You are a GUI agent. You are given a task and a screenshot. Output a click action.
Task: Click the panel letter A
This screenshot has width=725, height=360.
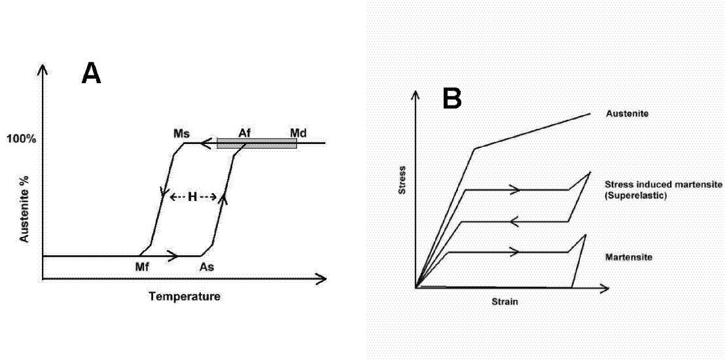tap(91, 73)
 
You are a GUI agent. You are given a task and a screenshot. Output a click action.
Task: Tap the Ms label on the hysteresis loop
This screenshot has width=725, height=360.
tap(181, 133)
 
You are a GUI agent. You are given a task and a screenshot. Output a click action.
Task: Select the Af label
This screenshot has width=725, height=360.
tap(245, 133)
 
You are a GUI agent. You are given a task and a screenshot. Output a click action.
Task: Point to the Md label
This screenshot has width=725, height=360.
tap(298, 133)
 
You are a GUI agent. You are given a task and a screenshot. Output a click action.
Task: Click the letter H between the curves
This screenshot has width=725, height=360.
tap(192, 196)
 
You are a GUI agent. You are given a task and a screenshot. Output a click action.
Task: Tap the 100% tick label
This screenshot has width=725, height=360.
tap(22, 139)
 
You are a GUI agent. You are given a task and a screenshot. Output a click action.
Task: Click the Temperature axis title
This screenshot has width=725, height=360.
tap(185, 297)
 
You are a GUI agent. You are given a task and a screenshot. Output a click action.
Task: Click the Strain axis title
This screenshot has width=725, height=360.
tap(504, 302)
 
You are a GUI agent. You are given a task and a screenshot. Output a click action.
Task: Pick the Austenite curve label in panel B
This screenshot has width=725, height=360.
tap(628, 114)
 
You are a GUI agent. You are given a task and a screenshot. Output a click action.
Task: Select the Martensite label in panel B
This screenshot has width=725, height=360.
tap(629, 258)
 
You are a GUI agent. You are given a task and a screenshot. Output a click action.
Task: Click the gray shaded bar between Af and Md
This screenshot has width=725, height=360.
tap(256, 143)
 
